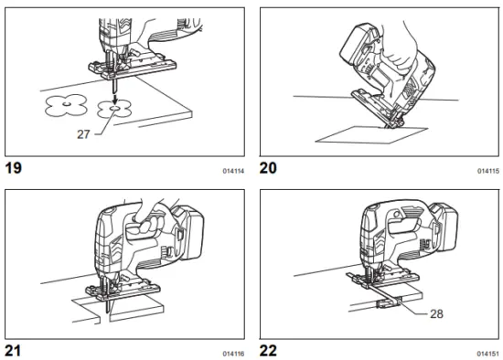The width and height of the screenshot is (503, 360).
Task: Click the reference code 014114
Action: point(232,171)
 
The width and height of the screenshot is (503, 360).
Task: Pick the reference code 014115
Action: point(488,171)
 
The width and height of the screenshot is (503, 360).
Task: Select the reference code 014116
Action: point(232,351)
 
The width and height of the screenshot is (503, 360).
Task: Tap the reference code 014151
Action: point(488,351)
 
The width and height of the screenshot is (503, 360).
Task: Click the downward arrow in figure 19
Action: point(113,92)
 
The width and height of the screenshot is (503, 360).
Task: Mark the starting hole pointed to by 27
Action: point(114,108)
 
